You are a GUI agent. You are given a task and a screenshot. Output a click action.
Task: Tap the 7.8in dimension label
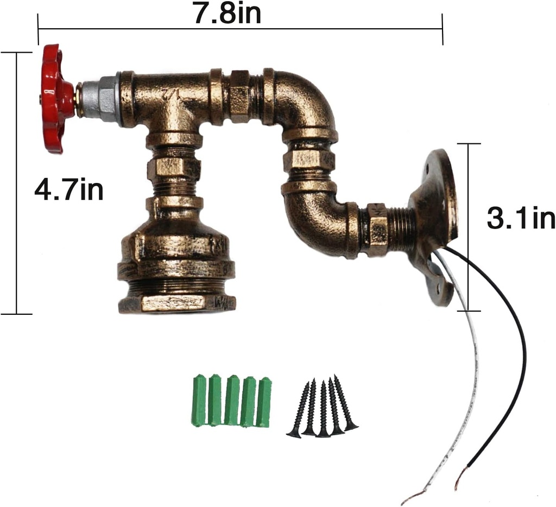point(228,13)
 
